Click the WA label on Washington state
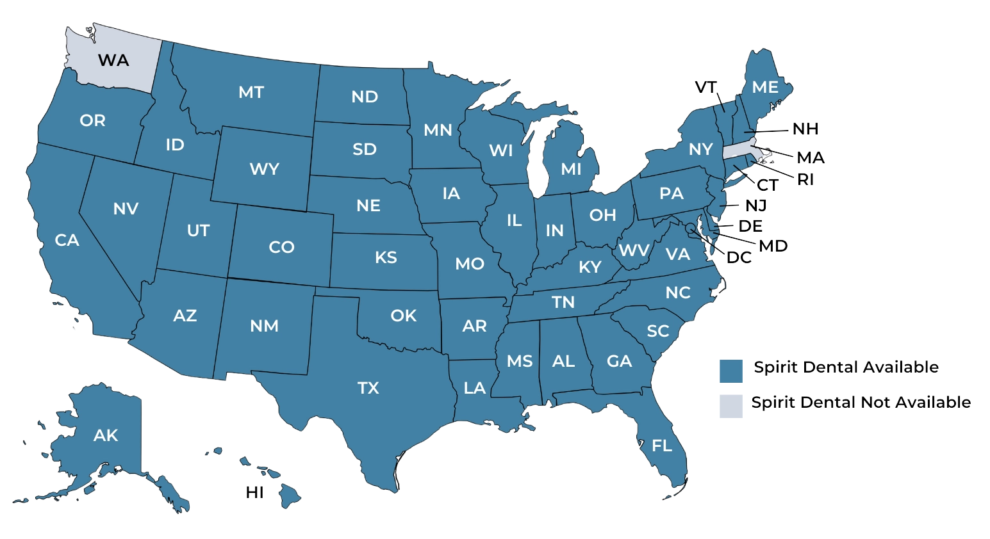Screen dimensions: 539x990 click(x=113, y=60)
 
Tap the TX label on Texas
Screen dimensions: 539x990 click(x=368, y=388)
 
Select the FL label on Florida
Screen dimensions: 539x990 click(x=662, y=445)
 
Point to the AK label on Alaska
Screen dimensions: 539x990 click(x=106, y=435)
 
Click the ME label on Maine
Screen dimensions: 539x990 click(x=765, y=87)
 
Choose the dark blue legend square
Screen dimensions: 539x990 click(x=730, y=371)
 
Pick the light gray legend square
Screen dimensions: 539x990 click(x=730, y=406)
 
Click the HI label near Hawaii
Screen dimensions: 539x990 click(x=256, y=494)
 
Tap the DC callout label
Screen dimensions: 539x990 click(x=739, y=259)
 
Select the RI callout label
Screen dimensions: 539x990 click(x=805, y=181)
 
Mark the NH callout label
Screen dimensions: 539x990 click(x=805, y=130)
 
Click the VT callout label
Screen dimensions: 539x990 click(x=705, y=88)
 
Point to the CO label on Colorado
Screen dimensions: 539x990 click(x=281, y=247)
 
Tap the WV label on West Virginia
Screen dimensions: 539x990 click(x=634, y=250)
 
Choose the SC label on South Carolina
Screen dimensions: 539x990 click(x=658, y=331)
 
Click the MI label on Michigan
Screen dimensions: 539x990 click(x=571, y=169)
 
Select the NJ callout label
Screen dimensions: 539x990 click(x=755, y=206)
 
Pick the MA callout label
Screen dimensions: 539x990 click(x=810, y=157)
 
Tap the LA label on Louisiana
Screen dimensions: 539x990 click(x=475, y=388)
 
